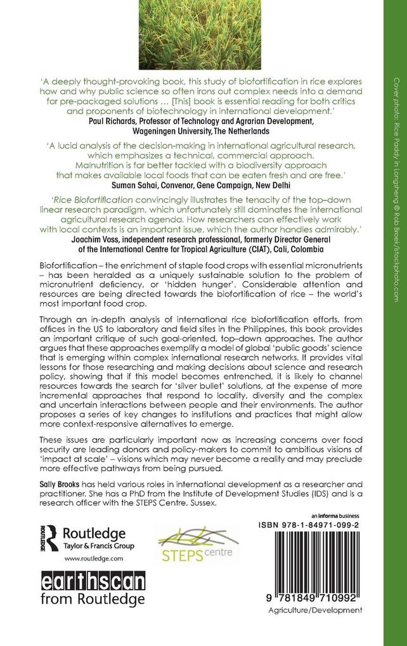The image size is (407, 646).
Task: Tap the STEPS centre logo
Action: point(197,545)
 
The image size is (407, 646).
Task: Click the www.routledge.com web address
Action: point(89,559)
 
